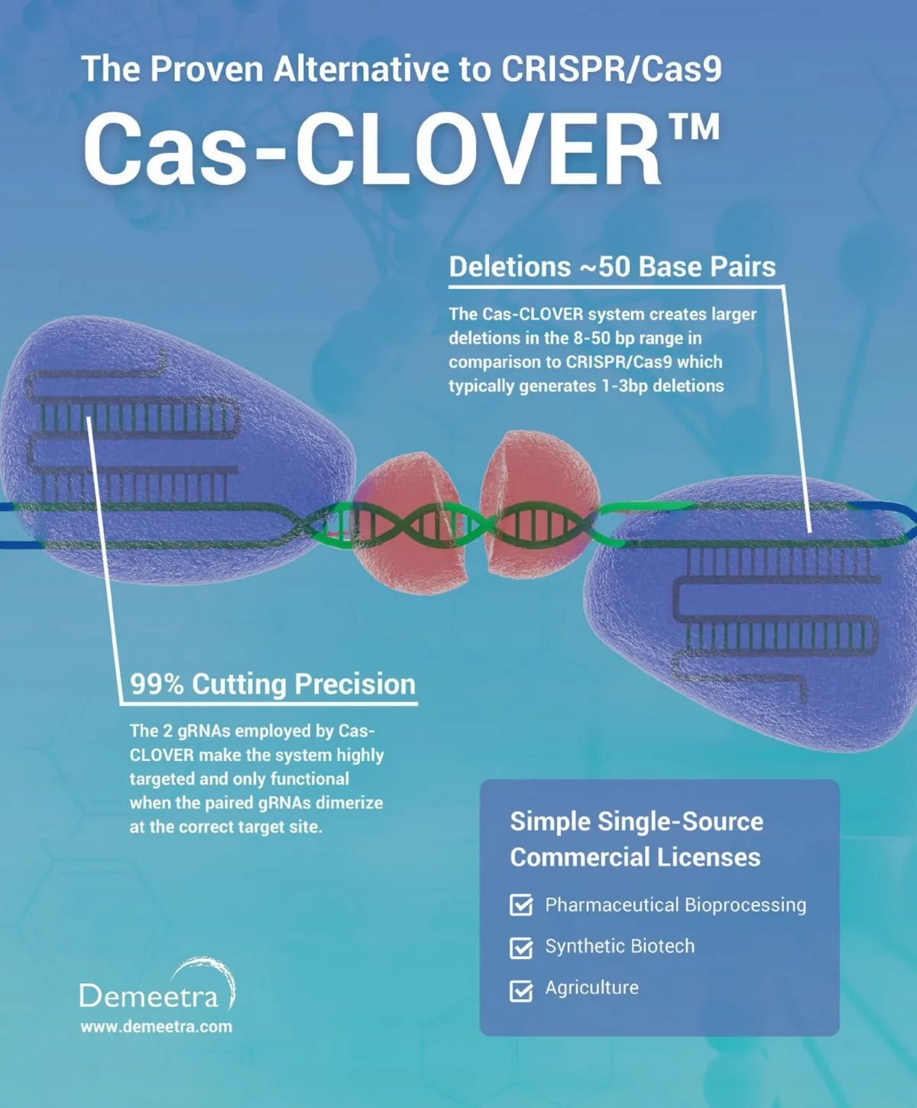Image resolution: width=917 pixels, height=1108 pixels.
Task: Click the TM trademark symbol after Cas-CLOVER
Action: pos(694,128)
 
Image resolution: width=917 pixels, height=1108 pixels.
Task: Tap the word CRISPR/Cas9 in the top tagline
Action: pos(611,69)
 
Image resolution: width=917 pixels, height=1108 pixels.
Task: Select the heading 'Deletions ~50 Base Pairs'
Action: pos(612,267)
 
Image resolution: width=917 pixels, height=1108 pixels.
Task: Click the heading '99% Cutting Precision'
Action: pos(273,684)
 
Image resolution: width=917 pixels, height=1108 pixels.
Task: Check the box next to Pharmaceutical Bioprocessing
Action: pos(521,906)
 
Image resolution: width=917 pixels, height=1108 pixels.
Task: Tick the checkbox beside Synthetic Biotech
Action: pos(521,948)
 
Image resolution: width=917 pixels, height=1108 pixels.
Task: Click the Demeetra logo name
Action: pos(148,996)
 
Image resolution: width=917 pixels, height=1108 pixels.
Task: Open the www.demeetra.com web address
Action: pos(157,1027)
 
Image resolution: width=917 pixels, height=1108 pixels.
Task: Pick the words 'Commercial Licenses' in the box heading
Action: pos(635,857)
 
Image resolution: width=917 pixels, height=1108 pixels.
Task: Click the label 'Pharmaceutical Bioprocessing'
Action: pos(676,906)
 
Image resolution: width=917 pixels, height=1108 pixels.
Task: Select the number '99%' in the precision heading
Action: pos(157,684)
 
